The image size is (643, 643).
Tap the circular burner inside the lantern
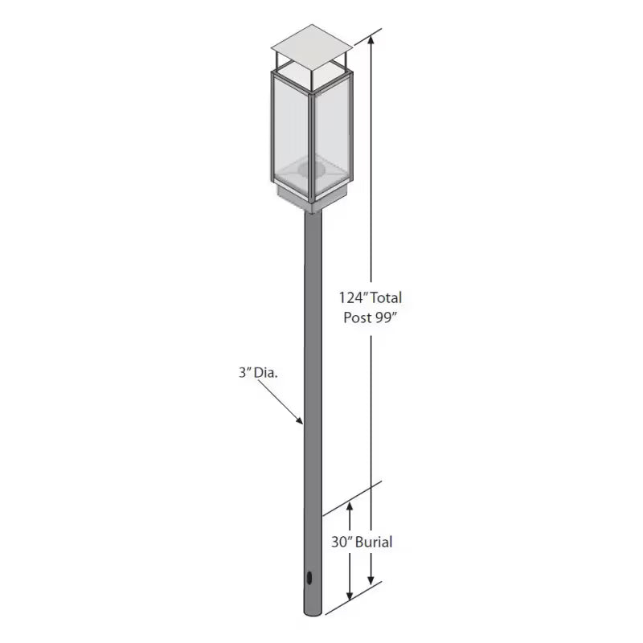tap(309, 169)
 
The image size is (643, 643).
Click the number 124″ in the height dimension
tap(354, 298)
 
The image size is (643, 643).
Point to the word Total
tap(386, 298)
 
